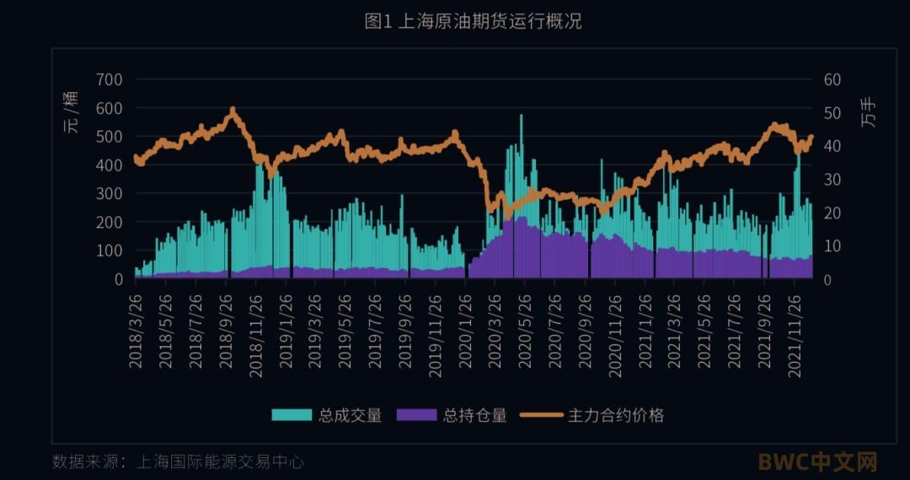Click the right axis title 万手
click(x=870, y=113)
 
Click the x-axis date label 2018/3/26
click(x=136, y=329)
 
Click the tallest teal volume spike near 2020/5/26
click(x=521, y=116)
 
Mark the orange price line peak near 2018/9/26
click(x=232, y=110)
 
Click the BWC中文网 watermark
click(x=817, y=462)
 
